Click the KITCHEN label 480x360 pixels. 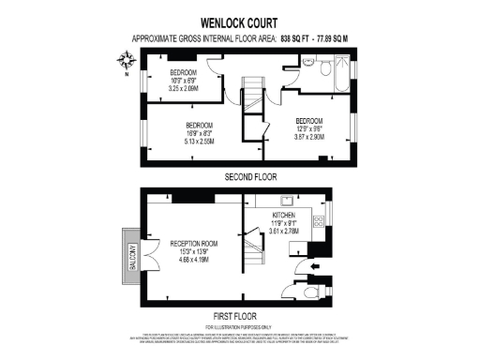[x=284, y=216]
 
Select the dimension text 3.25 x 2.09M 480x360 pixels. [x=184, y=89]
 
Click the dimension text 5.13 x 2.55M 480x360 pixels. [x=200, y=142]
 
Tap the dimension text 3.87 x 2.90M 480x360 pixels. [x=309, y=137]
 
